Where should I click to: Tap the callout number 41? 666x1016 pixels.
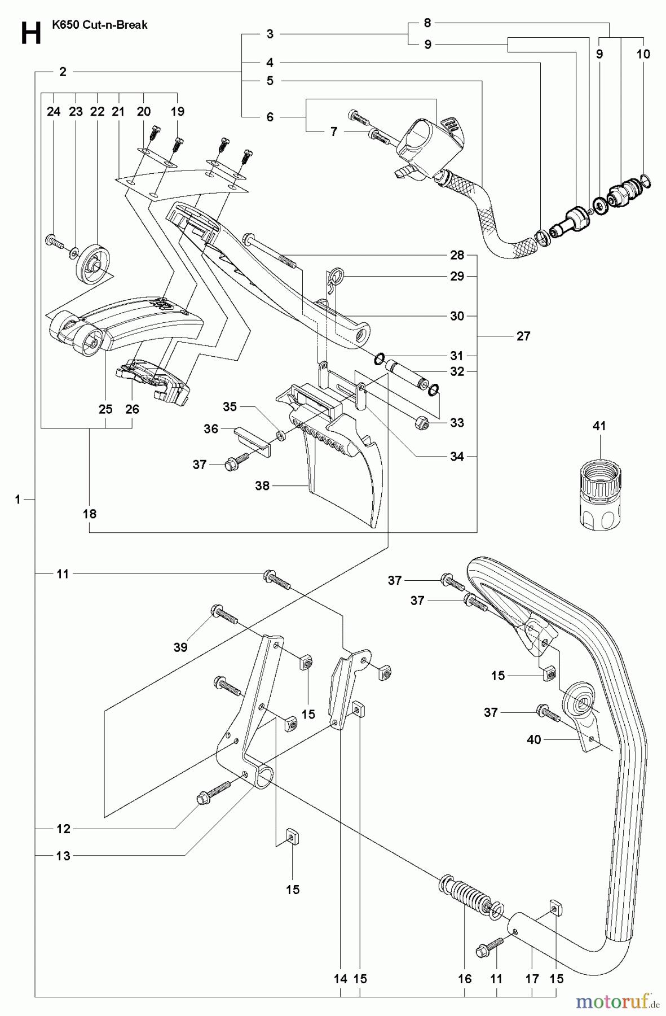599,426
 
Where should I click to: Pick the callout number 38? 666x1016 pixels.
262,485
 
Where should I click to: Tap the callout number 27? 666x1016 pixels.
523,336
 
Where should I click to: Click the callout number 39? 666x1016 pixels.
180,647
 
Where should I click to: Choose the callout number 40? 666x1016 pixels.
533,739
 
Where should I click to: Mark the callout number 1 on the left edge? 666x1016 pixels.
18,499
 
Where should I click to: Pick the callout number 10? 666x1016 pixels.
643,54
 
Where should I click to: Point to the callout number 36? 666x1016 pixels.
211,429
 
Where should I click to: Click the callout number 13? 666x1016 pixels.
63,856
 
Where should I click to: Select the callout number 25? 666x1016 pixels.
106,409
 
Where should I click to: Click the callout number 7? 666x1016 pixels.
334,132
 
